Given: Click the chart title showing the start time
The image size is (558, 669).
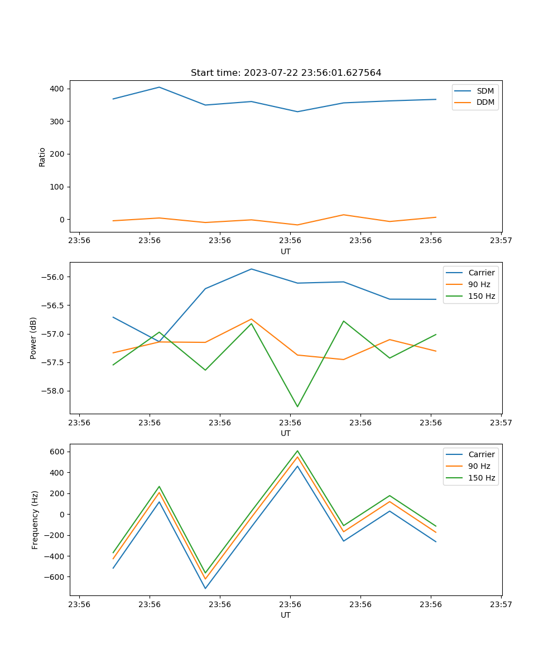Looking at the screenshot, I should tap(286, 73).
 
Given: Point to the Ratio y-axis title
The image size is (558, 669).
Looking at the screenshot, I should tap(42, 157).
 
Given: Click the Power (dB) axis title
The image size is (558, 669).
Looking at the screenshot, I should tap(33, 338).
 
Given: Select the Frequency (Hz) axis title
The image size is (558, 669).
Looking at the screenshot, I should tap(35, 520).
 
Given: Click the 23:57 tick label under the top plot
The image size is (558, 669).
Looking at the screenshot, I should tap(501, 241).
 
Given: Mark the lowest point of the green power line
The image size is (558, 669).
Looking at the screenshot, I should tap(297, 406).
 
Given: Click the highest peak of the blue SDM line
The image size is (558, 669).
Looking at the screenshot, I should tap(159, 87).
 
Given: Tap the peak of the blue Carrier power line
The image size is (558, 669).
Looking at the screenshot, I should tap(251, 269).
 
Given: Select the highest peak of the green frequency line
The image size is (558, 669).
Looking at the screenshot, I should tap(297, 450).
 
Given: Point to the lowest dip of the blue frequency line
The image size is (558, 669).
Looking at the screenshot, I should tap(205, 589).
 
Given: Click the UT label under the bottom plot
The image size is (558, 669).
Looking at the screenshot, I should tap(286, 615).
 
